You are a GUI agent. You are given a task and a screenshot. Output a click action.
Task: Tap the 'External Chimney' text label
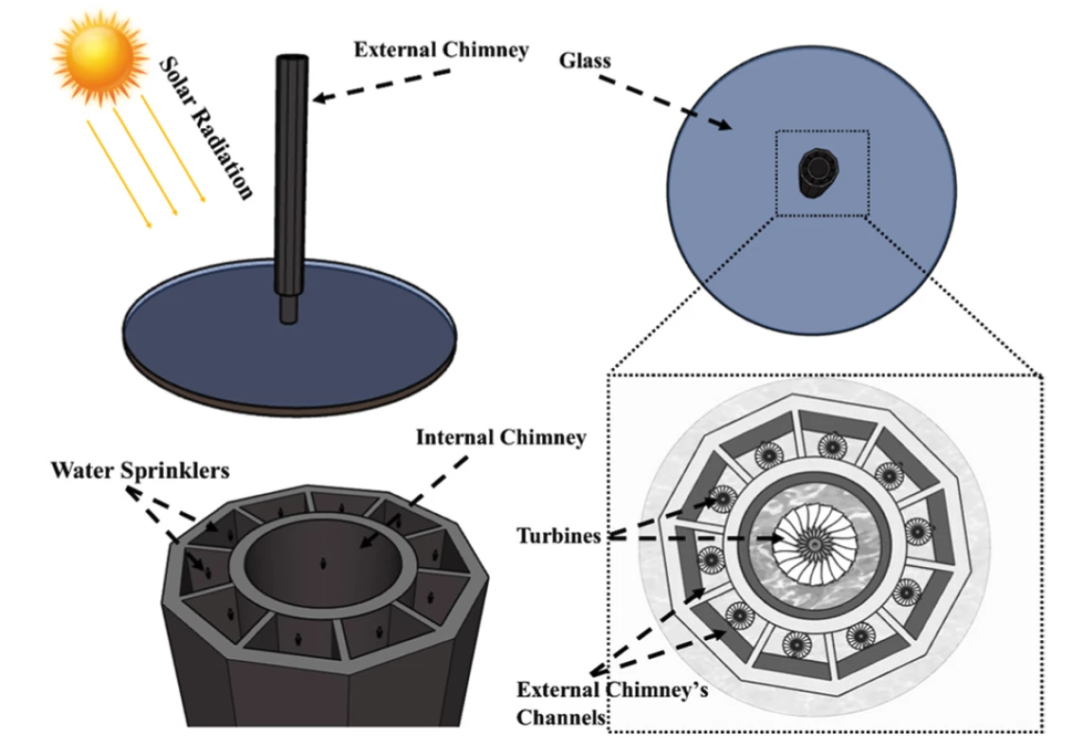coord(441,49)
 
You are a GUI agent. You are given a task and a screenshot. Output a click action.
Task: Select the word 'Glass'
coord(585,60)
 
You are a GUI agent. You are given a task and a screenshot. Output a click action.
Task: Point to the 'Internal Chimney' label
coord(501,437)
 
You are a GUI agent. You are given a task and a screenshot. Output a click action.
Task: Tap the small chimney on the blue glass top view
coord(814,174)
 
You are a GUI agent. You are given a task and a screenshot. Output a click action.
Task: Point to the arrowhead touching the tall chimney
coord(316,97)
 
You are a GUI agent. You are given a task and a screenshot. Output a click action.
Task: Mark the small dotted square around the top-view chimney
coord(821,174)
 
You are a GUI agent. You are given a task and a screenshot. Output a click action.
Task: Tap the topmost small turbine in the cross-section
coord(831,445)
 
